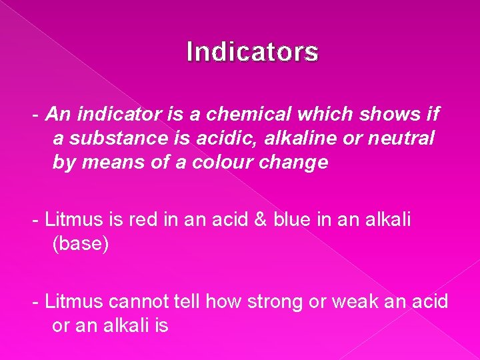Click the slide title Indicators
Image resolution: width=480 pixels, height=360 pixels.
[253, 52]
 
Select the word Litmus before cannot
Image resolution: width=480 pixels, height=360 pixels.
[73, 301]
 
